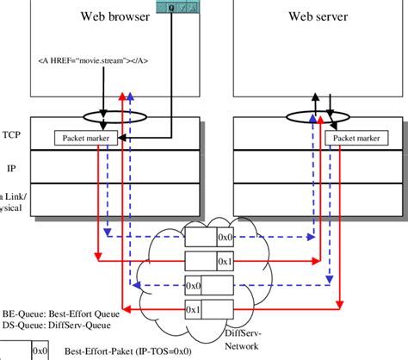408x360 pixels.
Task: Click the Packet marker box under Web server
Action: click(355, 138)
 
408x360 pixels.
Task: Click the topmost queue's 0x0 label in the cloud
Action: click(226, 234)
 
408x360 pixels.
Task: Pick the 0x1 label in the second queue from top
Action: click(226, 260)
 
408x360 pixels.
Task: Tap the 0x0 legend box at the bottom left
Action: click(40, 351)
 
